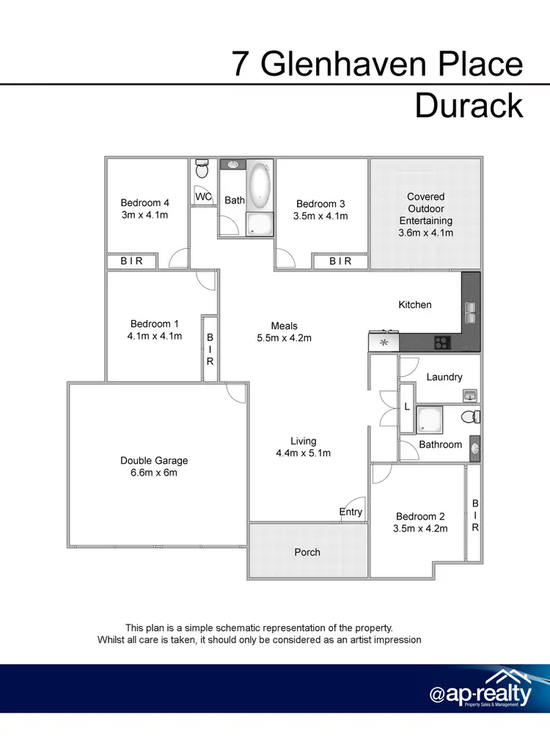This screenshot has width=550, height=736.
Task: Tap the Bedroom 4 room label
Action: [x=144, y=203]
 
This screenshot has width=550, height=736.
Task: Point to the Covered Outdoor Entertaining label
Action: [x=426, y=214]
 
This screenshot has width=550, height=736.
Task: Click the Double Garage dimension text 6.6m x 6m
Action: [x=154, y=473]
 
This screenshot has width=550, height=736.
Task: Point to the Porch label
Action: [x=307, y=552]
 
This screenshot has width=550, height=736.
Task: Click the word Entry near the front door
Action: [x=351, y=511]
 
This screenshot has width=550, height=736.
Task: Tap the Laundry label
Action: [x=444, y=376]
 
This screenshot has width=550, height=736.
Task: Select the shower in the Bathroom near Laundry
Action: [x=428, y=420]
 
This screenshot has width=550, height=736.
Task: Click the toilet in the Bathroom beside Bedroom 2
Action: [x=470, y=417]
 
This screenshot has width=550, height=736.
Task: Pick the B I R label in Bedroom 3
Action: [x=340, y=261]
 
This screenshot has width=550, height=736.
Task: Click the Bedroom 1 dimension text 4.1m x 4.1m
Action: [x=154, y=336]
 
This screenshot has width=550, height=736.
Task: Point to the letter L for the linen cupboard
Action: [x=406, y=407]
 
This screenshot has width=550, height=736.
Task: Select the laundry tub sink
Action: [x=470, y=396]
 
